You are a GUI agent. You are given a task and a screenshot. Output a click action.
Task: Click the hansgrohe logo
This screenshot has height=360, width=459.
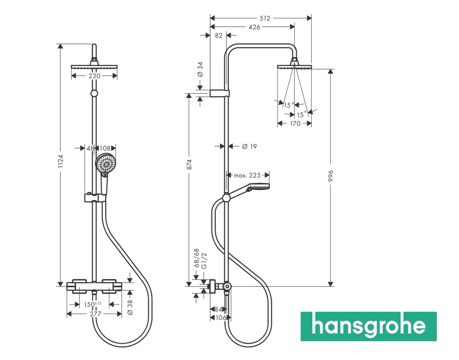(368, 326)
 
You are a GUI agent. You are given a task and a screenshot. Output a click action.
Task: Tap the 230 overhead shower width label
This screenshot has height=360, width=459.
(94, 76)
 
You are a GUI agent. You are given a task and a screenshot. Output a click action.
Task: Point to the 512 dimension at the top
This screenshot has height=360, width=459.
(264, 18)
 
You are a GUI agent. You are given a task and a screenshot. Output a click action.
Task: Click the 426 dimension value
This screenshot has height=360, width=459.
(254, 27)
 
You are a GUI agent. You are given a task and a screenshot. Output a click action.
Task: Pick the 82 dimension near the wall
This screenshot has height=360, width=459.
(219, 35)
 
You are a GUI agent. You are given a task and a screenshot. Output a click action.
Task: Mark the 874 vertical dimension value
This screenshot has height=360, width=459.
(190, 164)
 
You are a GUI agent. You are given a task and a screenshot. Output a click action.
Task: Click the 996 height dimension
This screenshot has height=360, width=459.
(331, 176)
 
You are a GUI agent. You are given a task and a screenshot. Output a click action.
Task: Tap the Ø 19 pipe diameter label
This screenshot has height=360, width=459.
(249, 146)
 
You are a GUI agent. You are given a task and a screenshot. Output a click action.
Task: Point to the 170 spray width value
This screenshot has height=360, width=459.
(295, 124)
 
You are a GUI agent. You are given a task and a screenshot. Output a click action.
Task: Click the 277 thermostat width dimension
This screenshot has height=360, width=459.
(95, 314)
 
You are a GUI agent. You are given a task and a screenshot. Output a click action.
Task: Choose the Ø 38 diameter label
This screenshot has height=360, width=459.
(130, 306)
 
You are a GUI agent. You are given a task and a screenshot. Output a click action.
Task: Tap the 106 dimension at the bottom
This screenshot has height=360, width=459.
(221, 318)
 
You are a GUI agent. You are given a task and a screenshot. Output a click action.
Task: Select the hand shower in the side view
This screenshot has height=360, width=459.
(258, 186)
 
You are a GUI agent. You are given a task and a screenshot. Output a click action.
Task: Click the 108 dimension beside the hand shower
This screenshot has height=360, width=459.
(106, 148)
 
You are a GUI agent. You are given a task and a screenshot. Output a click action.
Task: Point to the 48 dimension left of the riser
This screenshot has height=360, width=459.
(90, 148)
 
